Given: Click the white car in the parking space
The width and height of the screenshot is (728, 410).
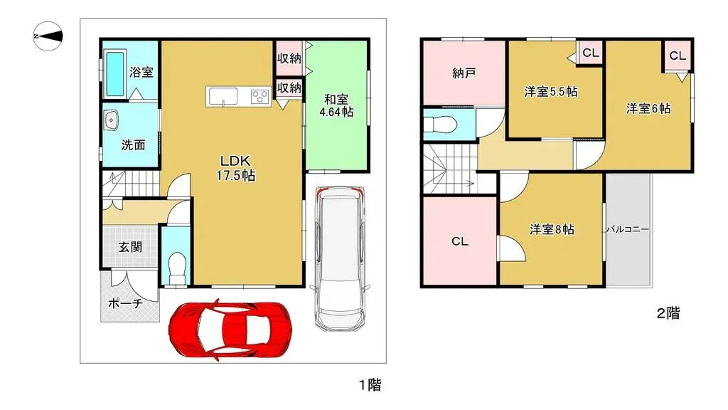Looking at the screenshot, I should pos(339,257).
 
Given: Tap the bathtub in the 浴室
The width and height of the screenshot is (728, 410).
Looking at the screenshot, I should pos(114,73).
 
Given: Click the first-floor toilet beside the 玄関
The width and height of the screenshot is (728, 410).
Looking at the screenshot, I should pos(176,266).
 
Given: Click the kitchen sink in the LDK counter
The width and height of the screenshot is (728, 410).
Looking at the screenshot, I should pos(225,96).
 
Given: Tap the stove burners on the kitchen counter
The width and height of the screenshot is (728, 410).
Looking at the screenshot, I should pos(259,96).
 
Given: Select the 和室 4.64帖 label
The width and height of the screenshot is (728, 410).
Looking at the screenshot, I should pos(336,106).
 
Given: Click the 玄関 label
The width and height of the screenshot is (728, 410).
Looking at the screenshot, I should pos(130,247).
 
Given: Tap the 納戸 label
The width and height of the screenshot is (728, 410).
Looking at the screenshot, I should pos(464,73).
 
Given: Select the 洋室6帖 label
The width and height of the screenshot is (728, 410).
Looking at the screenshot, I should pos(648,109).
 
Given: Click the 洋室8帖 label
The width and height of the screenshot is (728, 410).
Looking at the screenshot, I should pos(552,229).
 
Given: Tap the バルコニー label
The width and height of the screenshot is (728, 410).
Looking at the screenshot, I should pos(628,230).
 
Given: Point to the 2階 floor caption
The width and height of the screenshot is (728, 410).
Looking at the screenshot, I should pos(668,312).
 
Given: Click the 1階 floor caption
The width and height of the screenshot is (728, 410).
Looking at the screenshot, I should pos(369,385).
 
